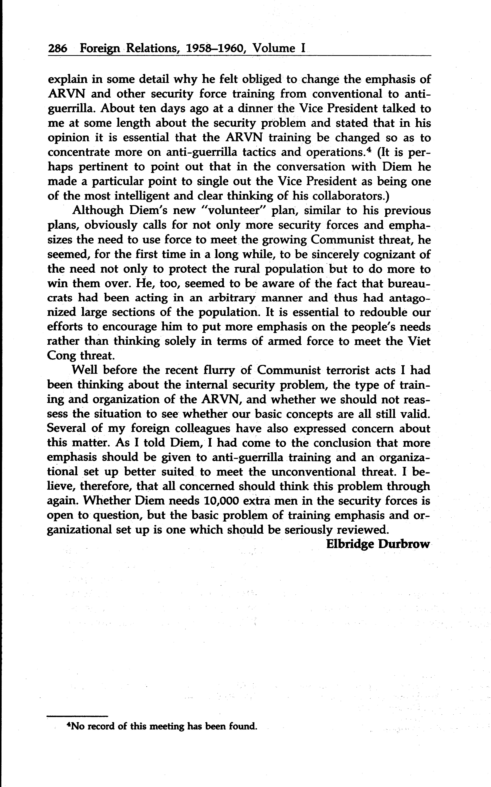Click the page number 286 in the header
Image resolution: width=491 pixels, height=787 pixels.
[x=58, y=49]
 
